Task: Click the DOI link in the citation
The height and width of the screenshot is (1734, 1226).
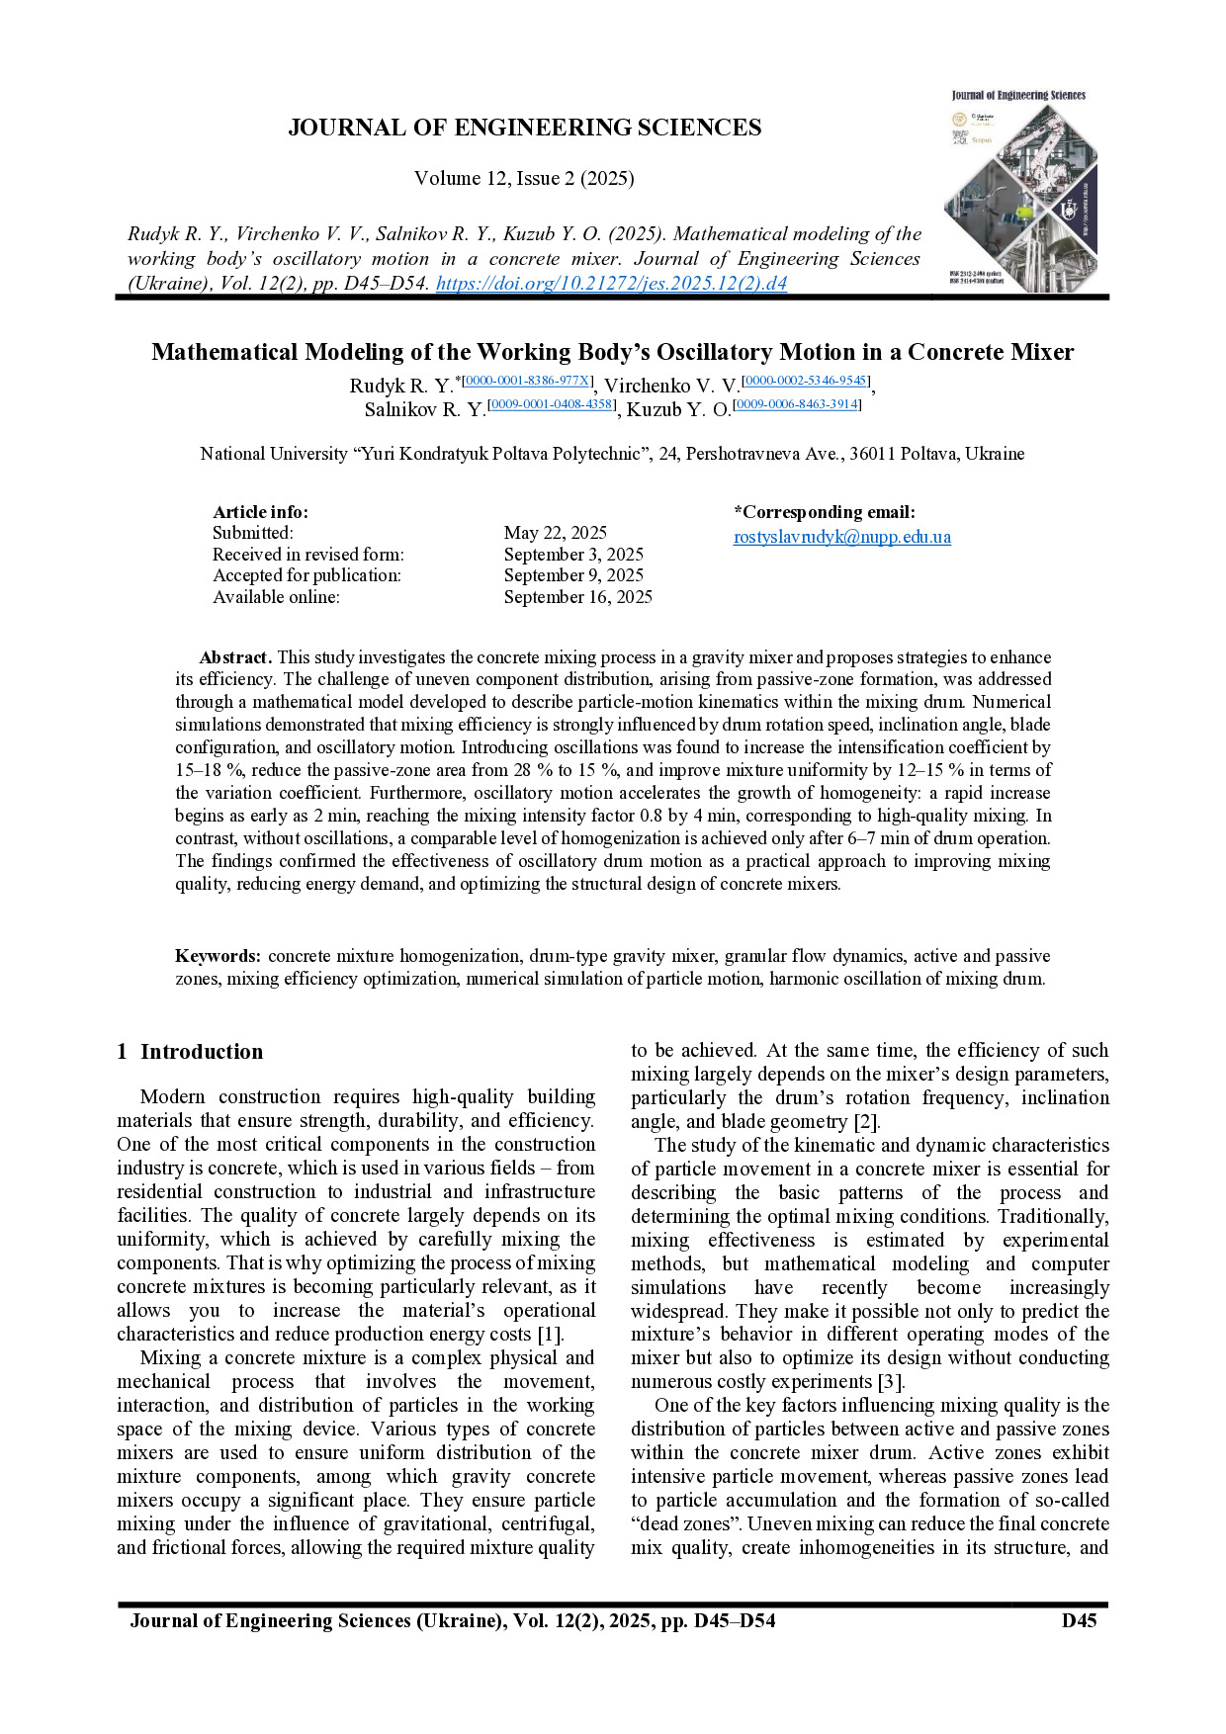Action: (611, 284)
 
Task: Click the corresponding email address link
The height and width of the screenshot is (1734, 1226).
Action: (841, 537)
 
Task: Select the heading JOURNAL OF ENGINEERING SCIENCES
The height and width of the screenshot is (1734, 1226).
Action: (524, 128)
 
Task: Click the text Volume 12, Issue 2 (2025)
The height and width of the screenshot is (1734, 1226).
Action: (524, 178)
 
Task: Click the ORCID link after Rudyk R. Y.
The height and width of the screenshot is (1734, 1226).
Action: (528, 381)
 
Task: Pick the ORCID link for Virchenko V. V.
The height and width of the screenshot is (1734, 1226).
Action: (806, 381)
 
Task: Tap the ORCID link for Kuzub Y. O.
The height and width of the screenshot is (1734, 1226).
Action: (797, 404)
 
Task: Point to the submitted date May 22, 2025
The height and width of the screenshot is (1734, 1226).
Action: (555, 533)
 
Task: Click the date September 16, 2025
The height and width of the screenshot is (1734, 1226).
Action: (577, 597)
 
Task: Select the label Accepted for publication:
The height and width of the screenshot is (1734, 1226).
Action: (306, 575)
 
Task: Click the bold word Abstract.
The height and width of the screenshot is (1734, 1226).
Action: (235, 657)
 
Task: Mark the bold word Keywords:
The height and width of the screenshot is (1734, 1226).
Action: (219, 956)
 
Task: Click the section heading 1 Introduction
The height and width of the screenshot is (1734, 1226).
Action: (190, 1052)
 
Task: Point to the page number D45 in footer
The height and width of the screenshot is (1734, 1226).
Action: (1079, 1620)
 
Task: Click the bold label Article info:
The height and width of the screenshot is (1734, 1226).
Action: (260, 512)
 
